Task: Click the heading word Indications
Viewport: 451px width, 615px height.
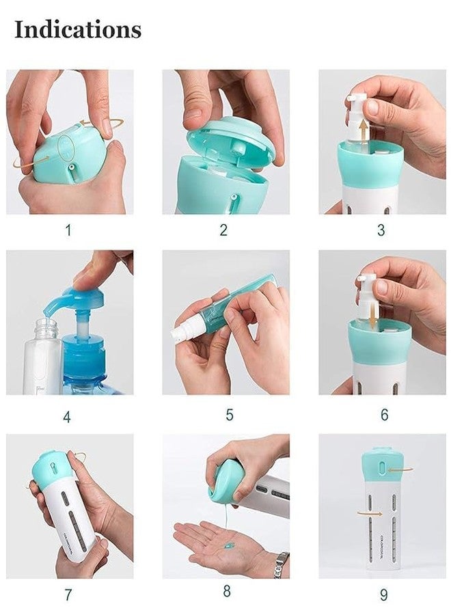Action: [78, 29]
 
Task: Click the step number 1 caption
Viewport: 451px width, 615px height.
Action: [68, 230]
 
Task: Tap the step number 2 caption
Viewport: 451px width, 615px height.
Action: [223, 230]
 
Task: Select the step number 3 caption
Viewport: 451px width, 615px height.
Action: [381, 230]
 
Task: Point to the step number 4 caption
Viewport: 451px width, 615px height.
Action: [68, 415]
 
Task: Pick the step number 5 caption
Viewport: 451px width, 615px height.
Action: [230, 415]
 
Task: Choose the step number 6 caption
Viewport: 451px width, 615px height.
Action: [384, 415]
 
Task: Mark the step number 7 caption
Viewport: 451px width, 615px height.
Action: [68, 594]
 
